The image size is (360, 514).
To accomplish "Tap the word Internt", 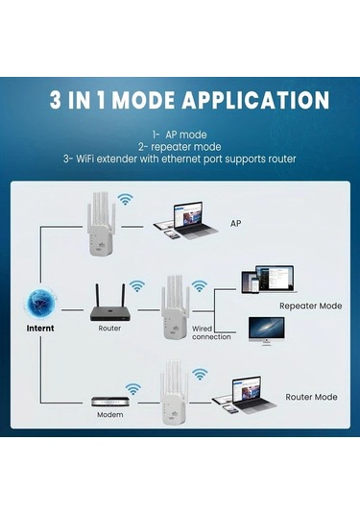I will [39, 328].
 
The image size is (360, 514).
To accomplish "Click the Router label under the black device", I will [109, 328].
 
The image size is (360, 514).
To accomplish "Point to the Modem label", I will [109, 415].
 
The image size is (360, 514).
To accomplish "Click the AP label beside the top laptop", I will [236, 223].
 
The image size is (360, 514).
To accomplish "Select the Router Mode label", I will [312, 396].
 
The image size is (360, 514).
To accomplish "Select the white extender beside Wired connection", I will [174, 307].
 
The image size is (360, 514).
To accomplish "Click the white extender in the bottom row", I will [174, 394].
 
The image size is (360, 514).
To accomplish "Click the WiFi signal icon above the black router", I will [137, 285].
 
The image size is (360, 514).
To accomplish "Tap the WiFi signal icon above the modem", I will [132, 388].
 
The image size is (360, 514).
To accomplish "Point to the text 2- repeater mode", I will [180, 147].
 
